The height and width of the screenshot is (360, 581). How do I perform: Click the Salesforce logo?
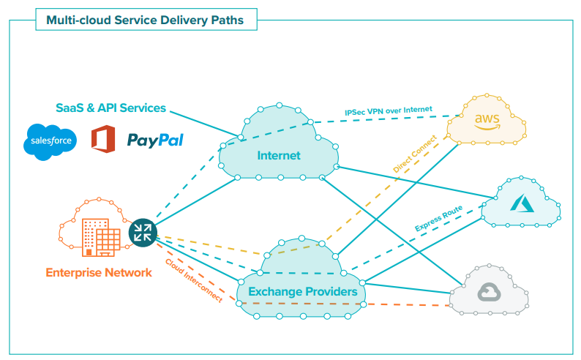pyautogui.click(x=50, y=141)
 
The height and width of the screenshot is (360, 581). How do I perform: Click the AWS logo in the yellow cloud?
pyautogui.click(x=486, y=121)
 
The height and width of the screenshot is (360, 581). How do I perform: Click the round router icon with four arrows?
pyautogui.click(x=142, y=233)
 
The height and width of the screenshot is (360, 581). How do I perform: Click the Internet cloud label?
pyautogui.click(x=279, y=156)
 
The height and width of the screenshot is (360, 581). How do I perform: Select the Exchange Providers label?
pyautogui.click(x=302, y=292)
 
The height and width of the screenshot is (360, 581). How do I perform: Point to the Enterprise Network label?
pyautogui.click(x=99, y=273)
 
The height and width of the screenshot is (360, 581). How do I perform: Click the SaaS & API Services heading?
pyautogui.click(x=110, y=108)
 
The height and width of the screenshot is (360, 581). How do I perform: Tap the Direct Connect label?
pyautogui.click(x=415, y=154)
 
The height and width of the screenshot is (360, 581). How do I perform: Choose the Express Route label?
pyautogui.click(x=437, y=217)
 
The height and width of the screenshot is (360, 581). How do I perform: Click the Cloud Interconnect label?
pyautogui.click(x=193, y=281)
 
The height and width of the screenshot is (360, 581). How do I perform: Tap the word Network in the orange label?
pyautogui.click(x=130, y=273)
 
